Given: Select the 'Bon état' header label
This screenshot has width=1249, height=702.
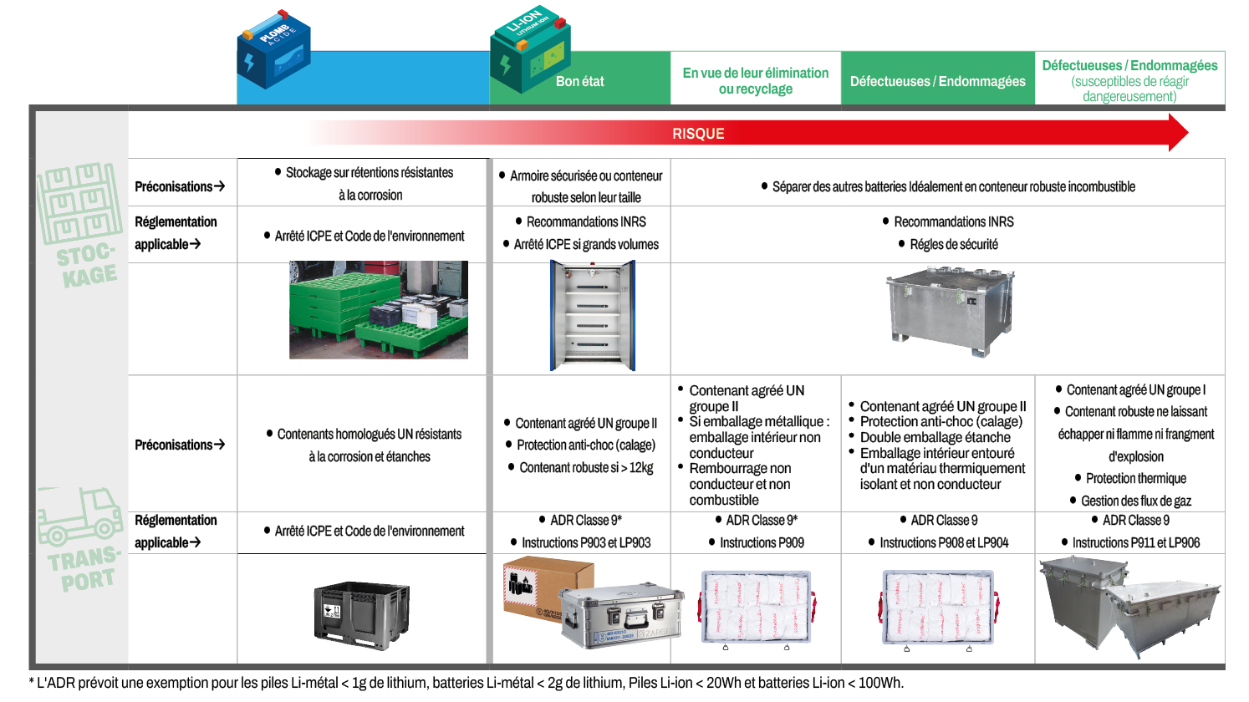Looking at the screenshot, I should (x=579, y=81).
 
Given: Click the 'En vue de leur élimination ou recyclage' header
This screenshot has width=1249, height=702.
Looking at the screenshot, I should (x=755, y=81).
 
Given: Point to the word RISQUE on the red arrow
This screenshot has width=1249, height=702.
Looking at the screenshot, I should (x=698, y=134).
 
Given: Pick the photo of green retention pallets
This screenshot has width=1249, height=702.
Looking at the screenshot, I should (x=378, y=310).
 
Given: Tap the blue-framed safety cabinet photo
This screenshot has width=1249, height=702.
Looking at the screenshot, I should (x=592, y=315).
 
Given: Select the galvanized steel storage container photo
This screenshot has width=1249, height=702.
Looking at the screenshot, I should (x=949, y=310).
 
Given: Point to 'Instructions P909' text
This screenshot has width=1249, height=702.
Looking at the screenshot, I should (x=762, y=542).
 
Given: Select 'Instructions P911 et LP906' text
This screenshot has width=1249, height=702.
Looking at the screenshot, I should (x=1135, y=542).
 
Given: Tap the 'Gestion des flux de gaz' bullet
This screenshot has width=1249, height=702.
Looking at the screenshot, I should (x=1135, y=501).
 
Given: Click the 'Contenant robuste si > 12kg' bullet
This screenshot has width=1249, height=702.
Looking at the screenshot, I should (x=586, y=467).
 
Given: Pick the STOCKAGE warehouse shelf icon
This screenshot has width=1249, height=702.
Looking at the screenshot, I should (x=79, y=201).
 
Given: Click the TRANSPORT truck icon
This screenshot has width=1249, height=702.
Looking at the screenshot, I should (x=79, y=516).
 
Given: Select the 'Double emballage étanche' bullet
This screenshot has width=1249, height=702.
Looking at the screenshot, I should (x=935, y=437).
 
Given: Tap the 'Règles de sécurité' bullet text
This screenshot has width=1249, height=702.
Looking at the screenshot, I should (x=953, y=244).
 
